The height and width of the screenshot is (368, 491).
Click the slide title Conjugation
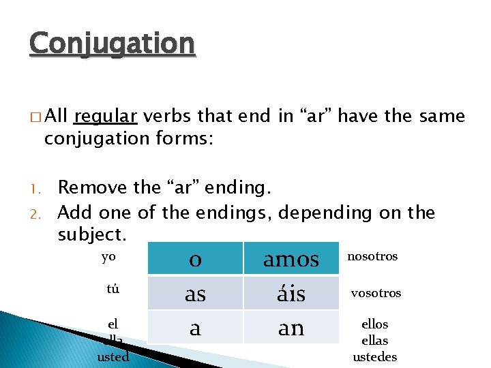(x=113, y=44)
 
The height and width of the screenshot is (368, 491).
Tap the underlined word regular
(x=106, y=117)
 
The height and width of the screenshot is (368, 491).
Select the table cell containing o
(x=195, y=259)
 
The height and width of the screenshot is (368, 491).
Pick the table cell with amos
(x=291, y=259)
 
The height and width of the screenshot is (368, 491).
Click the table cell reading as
(x=195, y=294)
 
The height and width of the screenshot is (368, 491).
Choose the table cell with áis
(x=291, y=294)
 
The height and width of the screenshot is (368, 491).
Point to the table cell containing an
(x=291, y=328)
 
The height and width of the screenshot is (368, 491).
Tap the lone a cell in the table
(x=195, y=328)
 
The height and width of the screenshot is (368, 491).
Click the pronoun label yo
(x=108, y=257)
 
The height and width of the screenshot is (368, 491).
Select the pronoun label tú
(x=113, y=288)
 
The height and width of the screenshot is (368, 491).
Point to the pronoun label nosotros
(x=372, y=256)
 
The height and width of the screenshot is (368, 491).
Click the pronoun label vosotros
(x=376, y=293)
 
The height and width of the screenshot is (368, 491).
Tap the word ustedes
(x=375, y=356)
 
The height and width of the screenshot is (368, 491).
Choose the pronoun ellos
(x=375, y=324)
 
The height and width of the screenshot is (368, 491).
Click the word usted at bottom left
(x=113, y=356)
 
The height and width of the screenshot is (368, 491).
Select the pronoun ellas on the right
(x=375, y=340)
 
